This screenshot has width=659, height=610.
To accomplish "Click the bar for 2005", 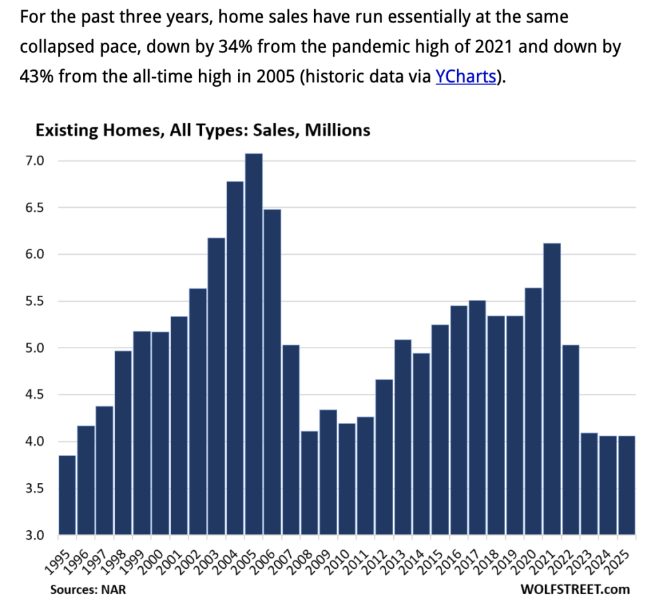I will click(254, 344).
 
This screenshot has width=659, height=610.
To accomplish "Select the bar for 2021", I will click(552, 389).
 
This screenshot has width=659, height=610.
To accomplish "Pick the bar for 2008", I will click(310, 483).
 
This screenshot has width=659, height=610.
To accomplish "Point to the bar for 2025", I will click(627, 485).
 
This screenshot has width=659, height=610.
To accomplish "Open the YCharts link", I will click(465, 76).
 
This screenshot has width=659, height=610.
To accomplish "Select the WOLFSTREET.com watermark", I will click(575, 589).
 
